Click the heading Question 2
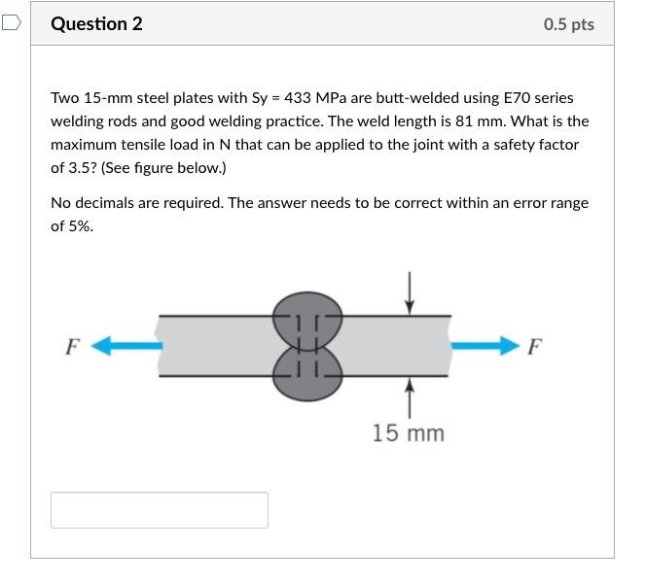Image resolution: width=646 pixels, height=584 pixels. pyautogui.click(x=96, y=24)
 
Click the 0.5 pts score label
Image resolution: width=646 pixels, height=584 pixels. pyautogui.click(x=568, y=24)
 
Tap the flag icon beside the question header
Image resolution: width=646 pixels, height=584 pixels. pyautogui.click(x=11, y=22)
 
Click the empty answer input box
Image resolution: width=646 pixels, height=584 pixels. pyautogui.click(x=160, y=509)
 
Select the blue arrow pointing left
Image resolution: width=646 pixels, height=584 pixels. pyautogui.click(x=126, y=345)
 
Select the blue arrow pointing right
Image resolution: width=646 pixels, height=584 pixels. pyautogui.click(x=485, y=345)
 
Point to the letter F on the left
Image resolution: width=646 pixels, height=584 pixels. pyautogui.click(x=72, y=347)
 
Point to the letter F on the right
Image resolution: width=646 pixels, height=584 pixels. pyautogui.click(x=535, y=347)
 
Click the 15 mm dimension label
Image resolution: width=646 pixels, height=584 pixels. pyautogui.click(x=409, y=433)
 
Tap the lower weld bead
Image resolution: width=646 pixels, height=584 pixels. pyautogui.click(x=307, y=374)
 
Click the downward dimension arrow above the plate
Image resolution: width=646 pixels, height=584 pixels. pyautogui.click(x=410, y=293)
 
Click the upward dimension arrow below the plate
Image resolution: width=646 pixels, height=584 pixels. pyautogui.click(x=410, y=398)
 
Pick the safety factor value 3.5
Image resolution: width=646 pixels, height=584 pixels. pyautogui.click(x=80, y=168)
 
